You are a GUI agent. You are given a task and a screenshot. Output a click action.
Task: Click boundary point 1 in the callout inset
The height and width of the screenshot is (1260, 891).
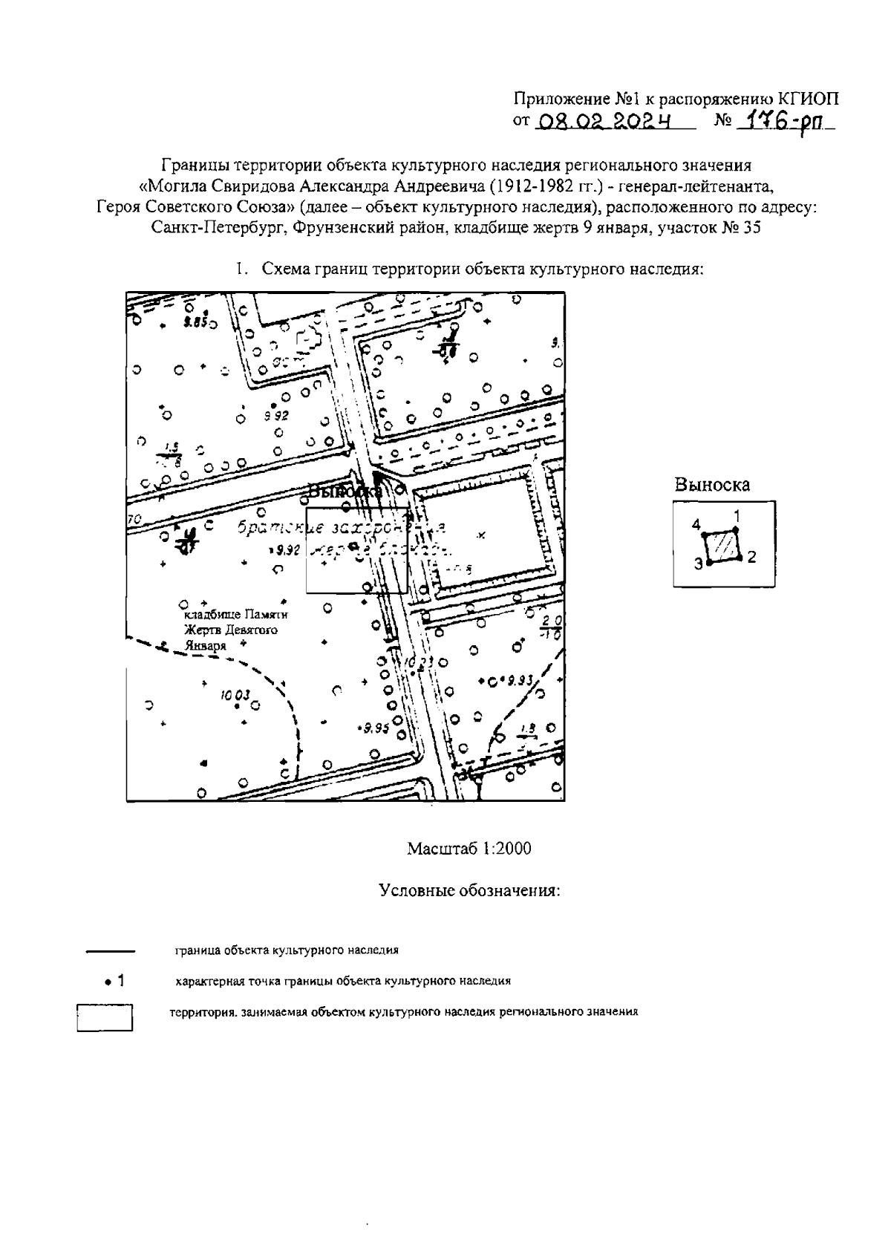735,530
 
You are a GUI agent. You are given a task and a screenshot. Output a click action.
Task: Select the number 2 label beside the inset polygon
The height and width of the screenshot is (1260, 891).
751,557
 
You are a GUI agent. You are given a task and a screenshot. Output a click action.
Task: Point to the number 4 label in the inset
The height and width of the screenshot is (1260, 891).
696,525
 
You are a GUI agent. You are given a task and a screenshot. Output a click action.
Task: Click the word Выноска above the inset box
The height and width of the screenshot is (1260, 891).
712,486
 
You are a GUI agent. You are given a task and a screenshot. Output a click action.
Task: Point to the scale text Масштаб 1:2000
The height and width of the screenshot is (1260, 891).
469,849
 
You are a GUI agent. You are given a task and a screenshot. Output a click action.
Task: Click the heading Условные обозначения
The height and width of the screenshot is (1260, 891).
469,890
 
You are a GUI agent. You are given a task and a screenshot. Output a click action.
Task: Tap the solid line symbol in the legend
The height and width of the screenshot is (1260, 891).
110,950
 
